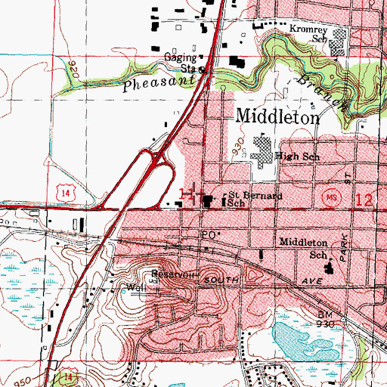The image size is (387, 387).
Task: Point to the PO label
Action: pyautogui.click(x=206, y=235)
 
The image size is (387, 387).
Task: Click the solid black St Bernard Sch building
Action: pyautogui.click(x=206, y=200)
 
